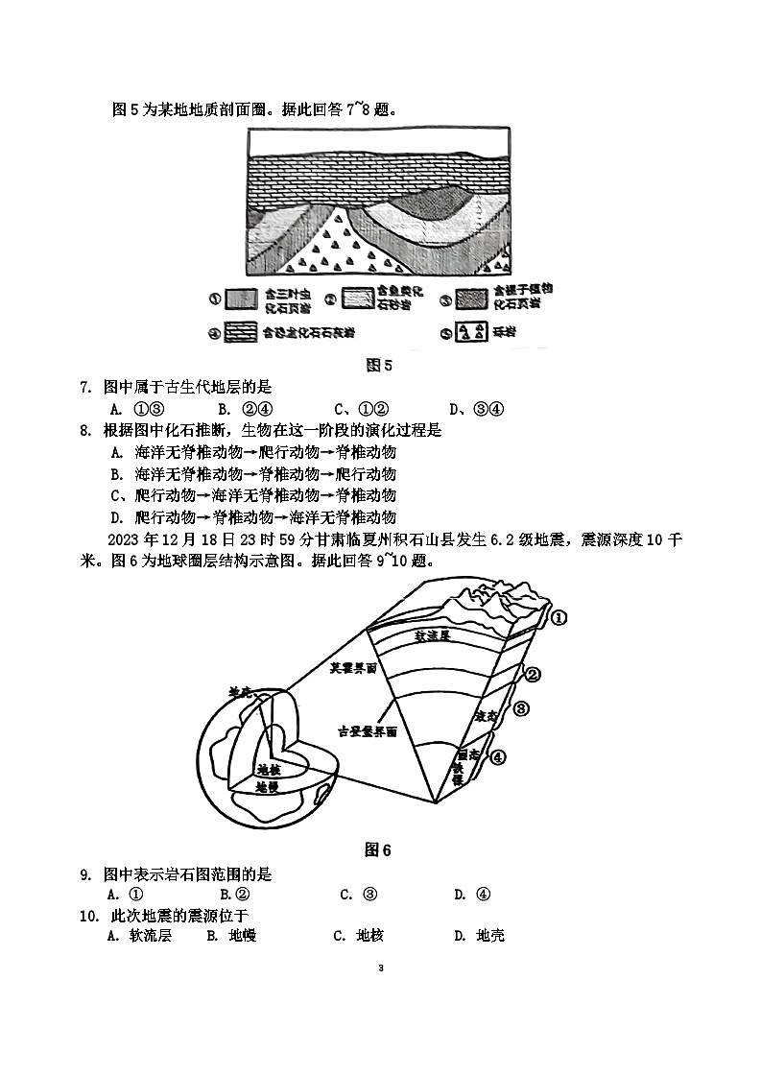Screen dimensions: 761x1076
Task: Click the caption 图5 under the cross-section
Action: tap(380, 365)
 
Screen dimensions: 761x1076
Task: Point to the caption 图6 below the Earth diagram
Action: tap(379, 849)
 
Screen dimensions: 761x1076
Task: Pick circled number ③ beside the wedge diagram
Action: tap(521, 709)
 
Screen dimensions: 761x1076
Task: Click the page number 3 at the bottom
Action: tap(381, 968)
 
